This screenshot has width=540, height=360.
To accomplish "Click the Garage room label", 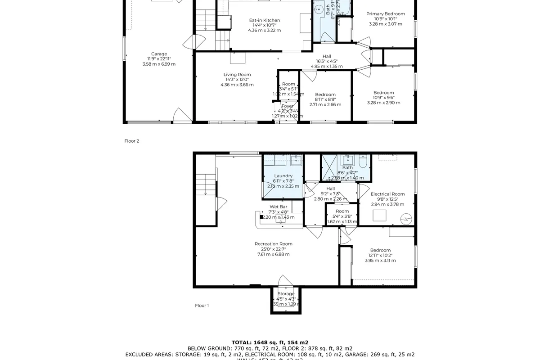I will [x=159, y=54].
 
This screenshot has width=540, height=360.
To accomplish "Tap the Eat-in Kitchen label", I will [x=265, y=20].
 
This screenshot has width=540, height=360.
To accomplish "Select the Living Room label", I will [x=237, y=75].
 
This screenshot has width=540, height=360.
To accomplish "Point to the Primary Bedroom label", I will [x=385, y=14].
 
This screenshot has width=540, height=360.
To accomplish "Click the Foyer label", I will [x=288, y=106].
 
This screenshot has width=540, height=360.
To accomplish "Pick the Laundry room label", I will [x=283, y=176].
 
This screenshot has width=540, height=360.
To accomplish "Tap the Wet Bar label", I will [x=278, y=207].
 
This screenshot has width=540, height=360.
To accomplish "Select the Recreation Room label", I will [x=274, y=244].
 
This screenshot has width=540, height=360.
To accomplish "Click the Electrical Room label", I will [x=387, y=194].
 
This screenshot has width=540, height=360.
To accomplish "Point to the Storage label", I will [x=286, y=294].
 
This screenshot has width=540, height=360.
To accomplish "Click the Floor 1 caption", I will [x=202, y=306].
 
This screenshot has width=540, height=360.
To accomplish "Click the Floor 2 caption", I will [x=132, y=141].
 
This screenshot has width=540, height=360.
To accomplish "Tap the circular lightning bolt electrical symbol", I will [x=406, y=219].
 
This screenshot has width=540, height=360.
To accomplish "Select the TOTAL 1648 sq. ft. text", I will [x=270, y=342].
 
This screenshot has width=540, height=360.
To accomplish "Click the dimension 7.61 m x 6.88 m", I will [x=274, y=254].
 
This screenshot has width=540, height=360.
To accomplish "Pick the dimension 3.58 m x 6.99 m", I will [x=159, y=64].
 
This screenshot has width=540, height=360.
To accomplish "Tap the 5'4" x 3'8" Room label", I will [x=342, y=211].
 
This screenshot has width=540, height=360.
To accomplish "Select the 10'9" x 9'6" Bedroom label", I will [x=383, y=93].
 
